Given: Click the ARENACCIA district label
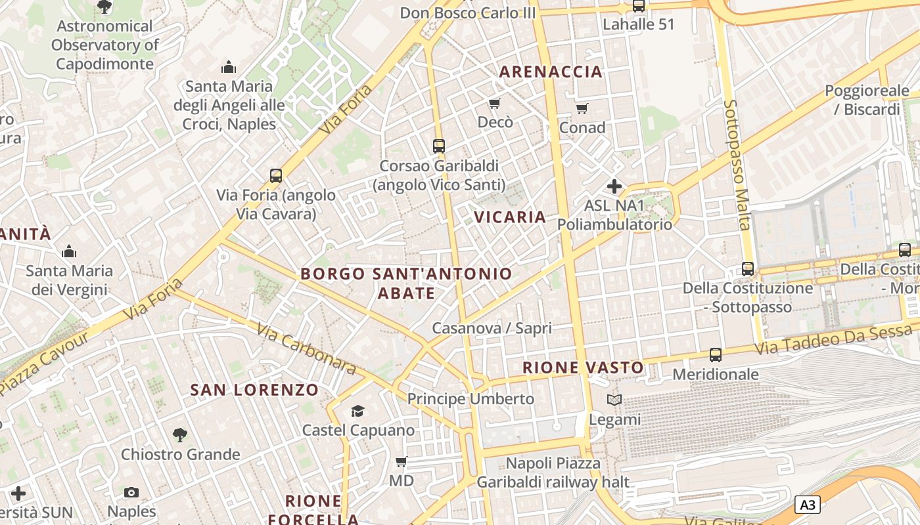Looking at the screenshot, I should (x=551, y=72).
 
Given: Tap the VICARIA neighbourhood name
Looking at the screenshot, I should (x=510, y=217).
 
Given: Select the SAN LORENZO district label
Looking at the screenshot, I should (x=254, y=390).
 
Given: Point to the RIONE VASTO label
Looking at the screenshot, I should (x=583, y=367).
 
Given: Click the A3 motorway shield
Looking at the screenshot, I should (x=808, y=505).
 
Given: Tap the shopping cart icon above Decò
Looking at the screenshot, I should (x=494, y=103).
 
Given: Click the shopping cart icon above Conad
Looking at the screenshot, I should (x=582, y=108).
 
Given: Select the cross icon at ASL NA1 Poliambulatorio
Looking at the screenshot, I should (x=614, y=186).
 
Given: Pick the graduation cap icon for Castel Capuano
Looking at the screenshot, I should (x=357, y=411).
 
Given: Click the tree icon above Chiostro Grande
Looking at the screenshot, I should (x=179, y=434).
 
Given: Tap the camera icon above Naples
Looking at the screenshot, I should (x=131, y=492).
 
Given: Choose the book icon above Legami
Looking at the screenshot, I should (x=614, y=400).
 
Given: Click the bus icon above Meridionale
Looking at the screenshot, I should (x=716, y=355).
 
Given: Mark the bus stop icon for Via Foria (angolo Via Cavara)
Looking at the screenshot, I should (x=276, y=176).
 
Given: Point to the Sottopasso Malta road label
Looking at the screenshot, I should (x=737, y=164).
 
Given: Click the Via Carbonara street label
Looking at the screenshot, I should (x=306, y=349).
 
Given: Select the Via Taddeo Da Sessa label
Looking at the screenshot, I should (x=834, y=340).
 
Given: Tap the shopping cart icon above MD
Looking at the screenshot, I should (x=401, y=461).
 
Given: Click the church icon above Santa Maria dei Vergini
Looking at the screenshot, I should (x=69, y=251).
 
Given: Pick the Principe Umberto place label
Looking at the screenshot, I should (x=471, y=398).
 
